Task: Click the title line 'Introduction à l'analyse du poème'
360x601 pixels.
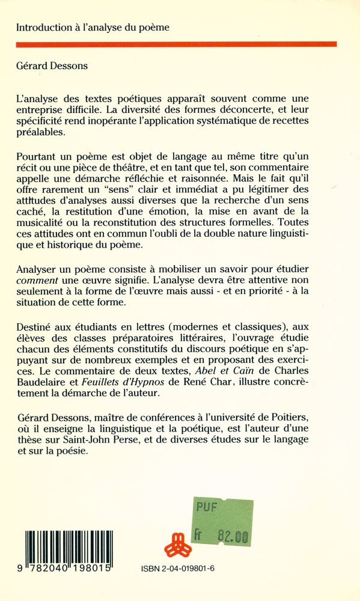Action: [x=93, y=27]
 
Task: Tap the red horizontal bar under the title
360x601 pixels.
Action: [x=176, y=44]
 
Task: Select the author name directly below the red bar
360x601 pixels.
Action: [x=52, y=66]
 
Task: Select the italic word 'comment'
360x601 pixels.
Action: [x=36, y=281]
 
